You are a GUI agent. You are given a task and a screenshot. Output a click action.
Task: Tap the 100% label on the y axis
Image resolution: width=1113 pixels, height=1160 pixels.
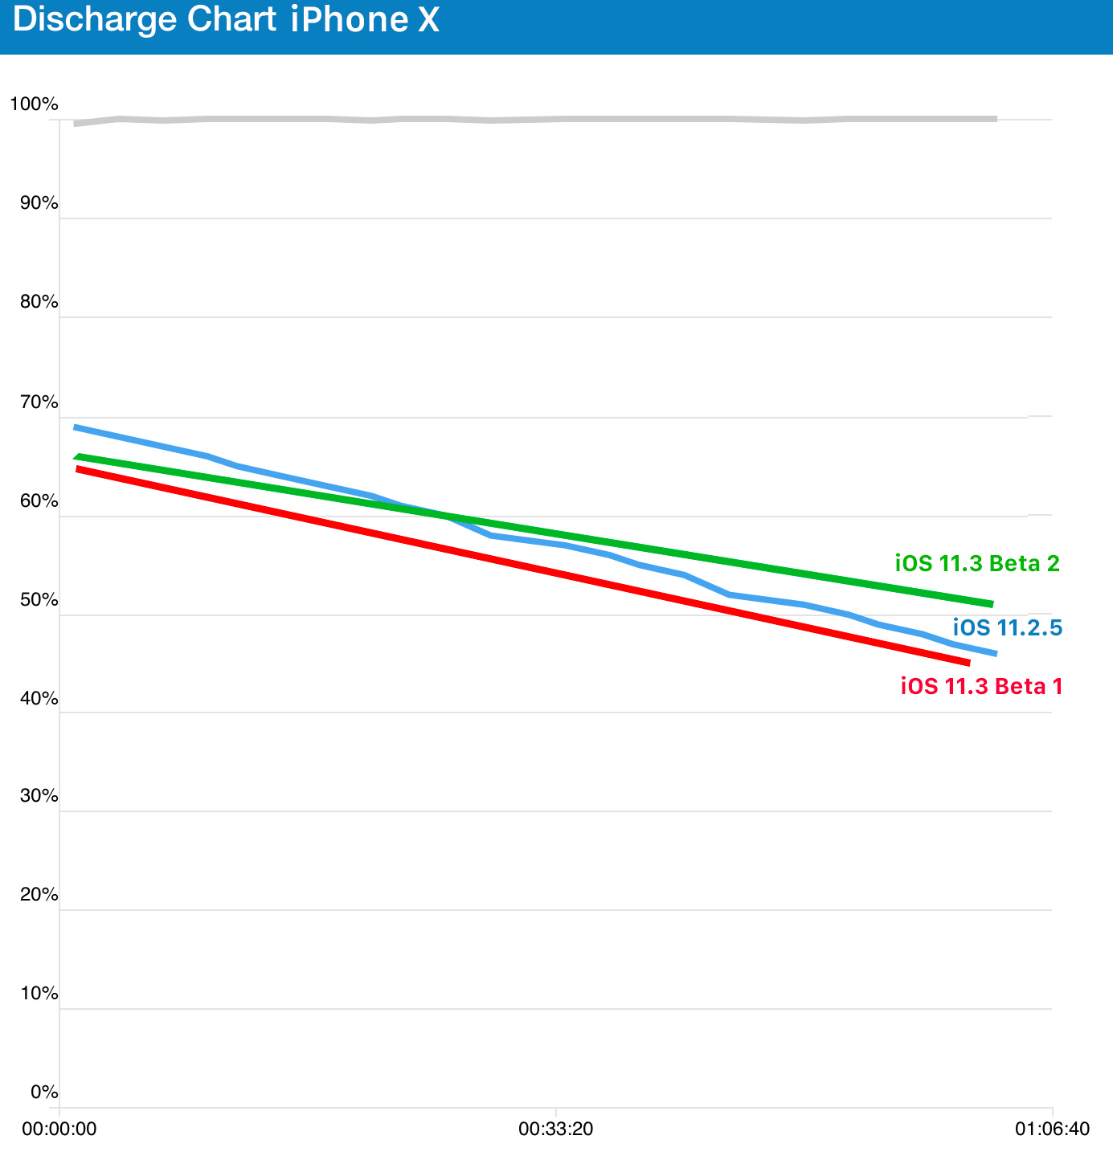tap(33, 104)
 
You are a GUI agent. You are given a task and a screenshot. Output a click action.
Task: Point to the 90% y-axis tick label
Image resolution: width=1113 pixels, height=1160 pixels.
tap(39, 203)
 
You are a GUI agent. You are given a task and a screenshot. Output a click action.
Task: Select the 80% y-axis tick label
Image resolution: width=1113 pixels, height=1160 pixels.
tap(39, 303)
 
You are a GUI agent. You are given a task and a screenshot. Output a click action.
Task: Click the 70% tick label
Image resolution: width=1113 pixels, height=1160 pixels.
tap(39, 402)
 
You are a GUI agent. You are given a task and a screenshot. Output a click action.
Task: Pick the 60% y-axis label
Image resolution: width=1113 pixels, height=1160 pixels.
tap(39, 501)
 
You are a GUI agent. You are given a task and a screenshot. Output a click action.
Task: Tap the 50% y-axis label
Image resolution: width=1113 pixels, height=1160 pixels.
tap(39, 601)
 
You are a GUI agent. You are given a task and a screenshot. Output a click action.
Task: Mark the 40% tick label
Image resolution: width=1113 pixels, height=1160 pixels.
tap(39, 699)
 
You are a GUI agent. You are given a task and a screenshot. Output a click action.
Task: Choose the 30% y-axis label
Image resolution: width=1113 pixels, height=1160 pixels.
tap(39, 796)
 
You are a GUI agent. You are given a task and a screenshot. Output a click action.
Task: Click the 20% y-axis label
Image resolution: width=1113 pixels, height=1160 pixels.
tap(39, 895)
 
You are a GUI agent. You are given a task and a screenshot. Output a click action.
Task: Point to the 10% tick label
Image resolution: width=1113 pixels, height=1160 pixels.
tap(39, 994)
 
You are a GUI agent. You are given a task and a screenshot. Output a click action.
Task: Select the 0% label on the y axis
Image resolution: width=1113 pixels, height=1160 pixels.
tap(44, 1093)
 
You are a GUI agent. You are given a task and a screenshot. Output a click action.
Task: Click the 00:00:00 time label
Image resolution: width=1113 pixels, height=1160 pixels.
tap(59, 1129)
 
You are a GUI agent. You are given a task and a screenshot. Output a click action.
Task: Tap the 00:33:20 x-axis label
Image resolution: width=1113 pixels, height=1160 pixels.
tap(556, 1129)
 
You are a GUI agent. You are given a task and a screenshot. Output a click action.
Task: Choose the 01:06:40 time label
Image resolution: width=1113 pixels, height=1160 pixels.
tap(1052, 1129)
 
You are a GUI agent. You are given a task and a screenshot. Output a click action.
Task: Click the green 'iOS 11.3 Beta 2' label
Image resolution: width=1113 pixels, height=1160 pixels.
tap(977, 564)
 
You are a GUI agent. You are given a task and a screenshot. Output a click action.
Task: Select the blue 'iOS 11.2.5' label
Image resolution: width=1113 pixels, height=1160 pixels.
tap(1008, 627)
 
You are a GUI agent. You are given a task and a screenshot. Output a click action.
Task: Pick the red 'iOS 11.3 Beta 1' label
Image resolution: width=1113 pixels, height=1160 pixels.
tap(981, 687)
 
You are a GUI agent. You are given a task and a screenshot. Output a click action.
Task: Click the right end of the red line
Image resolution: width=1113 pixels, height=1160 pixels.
tap(969, 663)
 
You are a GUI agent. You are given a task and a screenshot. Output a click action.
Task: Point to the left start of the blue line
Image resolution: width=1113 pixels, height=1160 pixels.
tap(75, 427)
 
